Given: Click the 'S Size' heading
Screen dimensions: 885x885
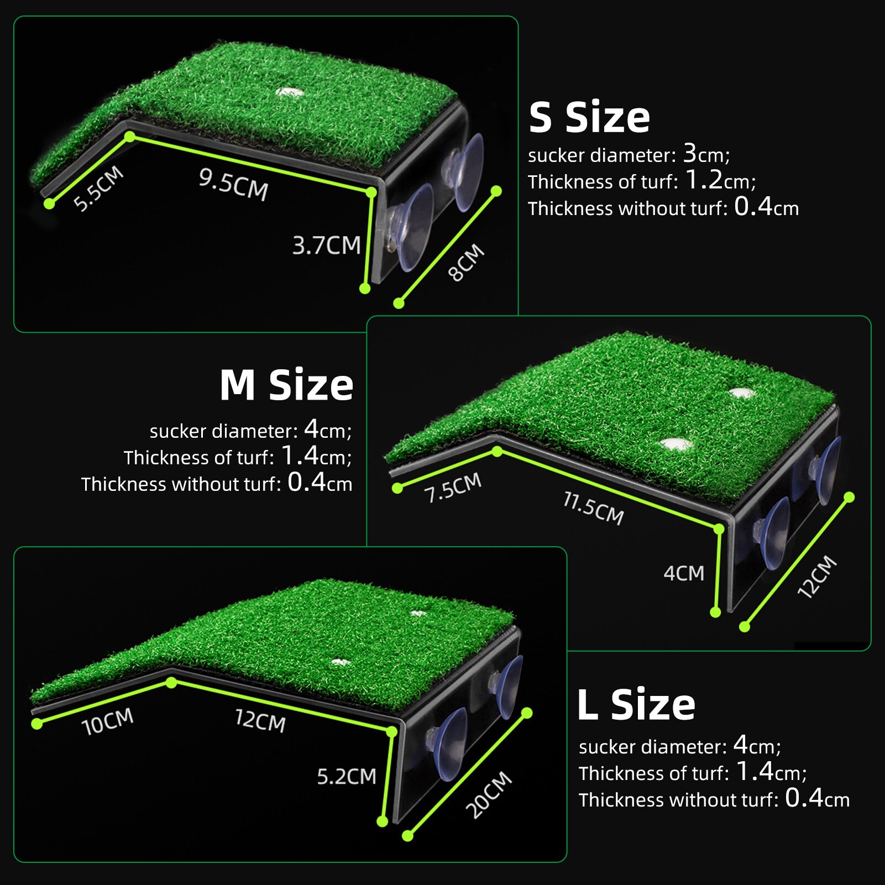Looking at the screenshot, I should tap(589, 117).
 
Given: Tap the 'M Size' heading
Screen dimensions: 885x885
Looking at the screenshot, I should tap(286, 385).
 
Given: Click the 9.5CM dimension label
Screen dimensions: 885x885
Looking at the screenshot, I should tap(233, 184).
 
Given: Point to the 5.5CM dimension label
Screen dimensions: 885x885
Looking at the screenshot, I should tap(98, 188).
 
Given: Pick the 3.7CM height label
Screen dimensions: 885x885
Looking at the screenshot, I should tap(326, 245).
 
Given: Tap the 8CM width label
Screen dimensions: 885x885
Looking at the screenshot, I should tap(466, 263).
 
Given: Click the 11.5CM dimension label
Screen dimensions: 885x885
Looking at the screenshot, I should tap(593, 507).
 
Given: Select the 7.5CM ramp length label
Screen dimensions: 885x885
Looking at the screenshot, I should tap(453, 488).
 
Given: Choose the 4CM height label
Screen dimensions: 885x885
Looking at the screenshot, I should tap(684, 573).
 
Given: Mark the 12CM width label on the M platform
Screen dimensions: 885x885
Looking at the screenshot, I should tap(817, 577).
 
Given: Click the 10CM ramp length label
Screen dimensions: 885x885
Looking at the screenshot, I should tap(107, 721).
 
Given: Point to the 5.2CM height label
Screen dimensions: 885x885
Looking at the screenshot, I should tap(346, 777).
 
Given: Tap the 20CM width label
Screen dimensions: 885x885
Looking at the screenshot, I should tap(488, 795).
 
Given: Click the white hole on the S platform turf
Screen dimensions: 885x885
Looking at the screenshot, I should tap(287, 92).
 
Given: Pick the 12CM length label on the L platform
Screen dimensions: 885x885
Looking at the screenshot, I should tap(260, 721).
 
